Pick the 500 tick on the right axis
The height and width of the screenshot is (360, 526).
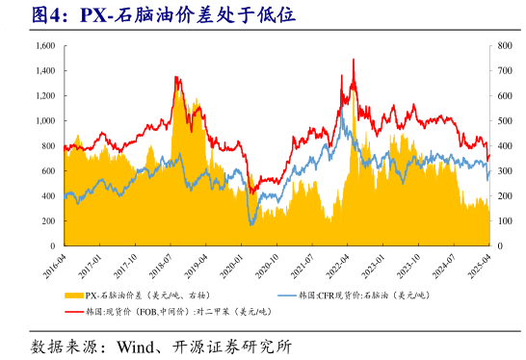pyautogui.click(x=504, y=121)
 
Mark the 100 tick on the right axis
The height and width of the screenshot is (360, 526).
pyautogui.click(x=504, y=220)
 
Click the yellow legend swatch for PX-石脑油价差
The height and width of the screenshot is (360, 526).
pyautogui.click(x=73, y=296)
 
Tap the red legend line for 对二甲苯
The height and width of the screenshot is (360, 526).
pyautogui.click(x=73, y=311)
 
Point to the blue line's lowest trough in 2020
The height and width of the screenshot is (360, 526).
pyautogui.click(x=252, y=224)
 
